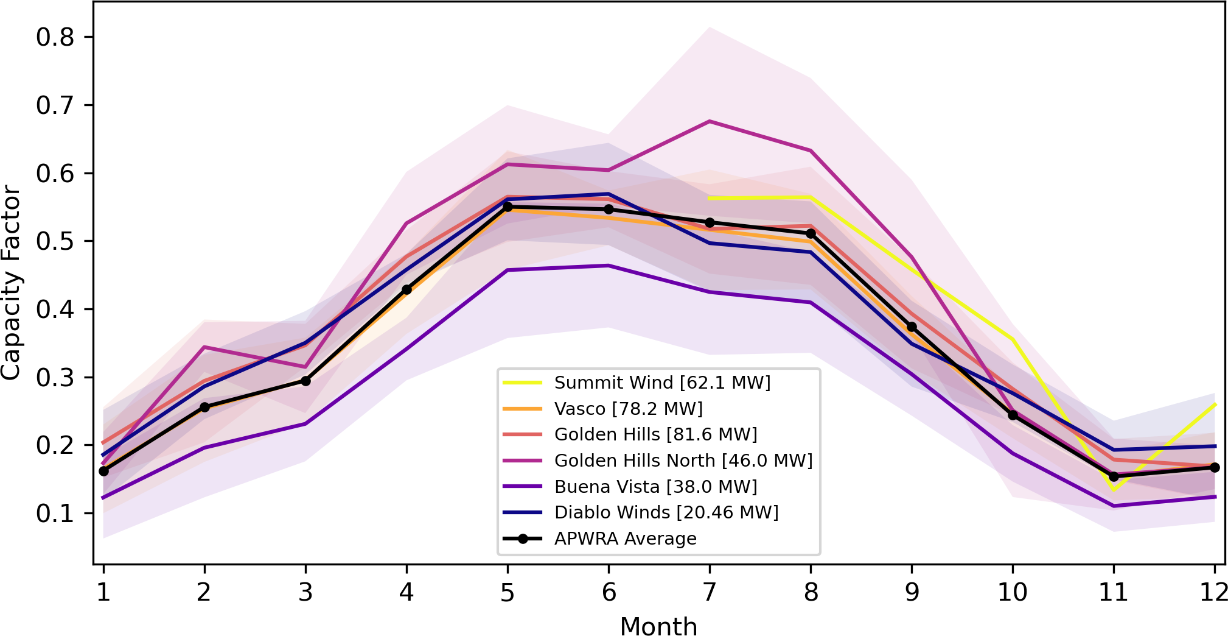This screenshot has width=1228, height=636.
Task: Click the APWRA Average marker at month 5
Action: click(508, 207)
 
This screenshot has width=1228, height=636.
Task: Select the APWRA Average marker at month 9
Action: click(912, 327)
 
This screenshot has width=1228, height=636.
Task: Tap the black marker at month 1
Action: click(103, 471)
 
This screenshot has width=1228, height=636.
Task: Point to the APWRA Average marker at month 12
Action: click(1215, 467)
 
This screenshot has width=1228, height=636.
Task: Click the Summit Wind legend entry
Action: click(662, 383)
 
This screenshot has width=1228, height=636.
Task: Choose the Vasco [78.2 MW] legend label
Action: click(628, 409)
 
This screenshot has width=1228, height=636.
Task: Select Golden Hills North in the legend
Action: click(683, 461)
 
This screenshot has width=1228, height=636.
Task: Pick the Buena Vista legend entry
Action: click(655, 487)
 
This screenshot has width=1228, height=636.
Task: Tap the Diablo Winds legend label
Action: click(666, 512)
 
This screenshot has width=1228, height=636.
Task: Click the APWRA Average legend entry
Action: click(625, 539)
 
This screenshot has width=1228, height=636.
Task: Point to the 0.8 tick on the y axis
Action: click(55, 37)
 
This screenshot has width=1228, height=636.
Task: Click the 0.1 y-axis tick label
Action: click(55, 514)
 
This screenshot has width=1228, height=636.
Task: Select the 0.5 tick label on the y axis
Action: click(55, 241)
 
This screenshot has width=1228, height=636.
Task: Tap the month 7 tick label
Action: click(710, 592)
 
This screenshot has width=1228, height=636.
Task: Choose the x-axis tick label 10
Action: click(1013, 592)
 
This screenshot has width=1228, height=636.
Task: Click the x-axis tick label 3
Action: click(305, 592)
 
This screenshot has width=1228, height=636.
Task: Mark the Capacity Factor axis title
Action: click(11, 283)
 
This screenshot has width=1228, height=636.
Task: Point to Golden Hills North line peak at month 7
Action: click(710, 121)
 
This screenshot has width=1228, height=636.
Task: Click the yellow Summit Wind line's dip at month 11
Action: click(1114, 490)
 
